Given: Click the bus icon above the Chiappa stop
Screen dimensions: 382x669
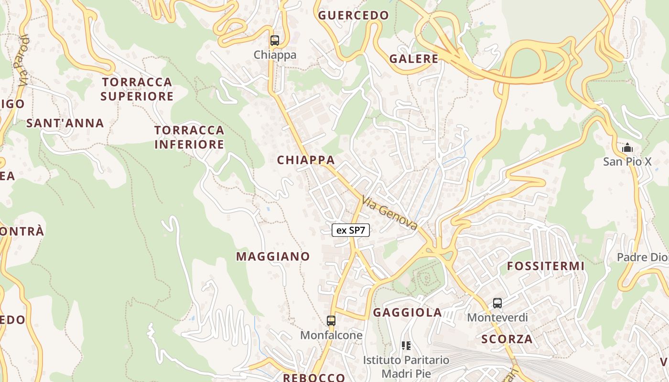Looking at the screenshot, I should (x=274, y=40).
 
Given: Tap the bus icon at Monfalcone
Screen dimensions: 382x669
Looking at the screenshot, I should (x=331, y=320).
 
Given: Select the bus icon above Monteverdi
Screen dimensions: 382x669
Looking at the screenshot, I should (x=497, y=303).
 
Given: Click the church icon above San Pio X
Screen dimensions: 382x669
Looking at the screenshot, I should (x=627, y=148).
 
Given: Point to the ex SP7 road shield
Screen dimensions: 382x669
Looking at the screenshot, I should (x=351, y=230).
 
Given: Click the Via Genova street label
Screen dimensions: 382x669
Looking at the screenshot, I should (x=390, y=213).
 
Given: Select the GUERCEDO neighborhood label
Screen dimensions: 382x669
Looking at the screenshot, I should (x=354, y=15).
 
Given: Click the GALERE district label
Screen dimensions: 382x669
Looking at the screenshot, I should (x=414, y=59).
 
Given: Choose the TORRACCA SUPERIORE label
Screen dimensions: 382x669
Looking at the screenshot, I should (x=137, y=89).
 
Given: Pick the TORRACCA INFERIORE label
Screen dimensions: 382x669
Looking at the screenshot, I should (x=189, y=137).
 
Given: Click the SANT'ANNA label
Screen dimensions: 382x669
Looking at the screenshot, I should (x=65, y=123).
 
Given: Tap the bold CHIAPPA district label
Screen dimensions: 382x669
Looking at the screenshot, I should (x=306, y=160).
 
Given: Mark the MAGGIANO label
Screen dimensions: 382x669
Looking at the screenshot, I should (x=273, y=256).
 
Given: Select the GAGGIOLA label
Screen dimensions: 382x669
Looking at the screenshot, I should (x=407, y=312).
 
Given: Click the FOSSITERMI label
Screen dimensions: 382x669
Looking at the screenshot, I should (x=546, y=266).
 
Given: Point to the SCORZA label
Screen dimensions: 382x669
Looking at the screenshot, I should (x=507, y=339).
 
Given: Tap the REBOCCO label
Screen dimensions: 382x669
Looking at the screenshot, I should (x=314, y=377).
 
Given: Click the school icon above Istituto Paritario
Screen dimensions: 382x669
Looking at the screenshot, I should (x=406, y=345).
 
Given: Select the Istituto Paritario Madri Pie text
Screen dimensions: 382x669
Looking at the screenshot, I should (x=406, y=366).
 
